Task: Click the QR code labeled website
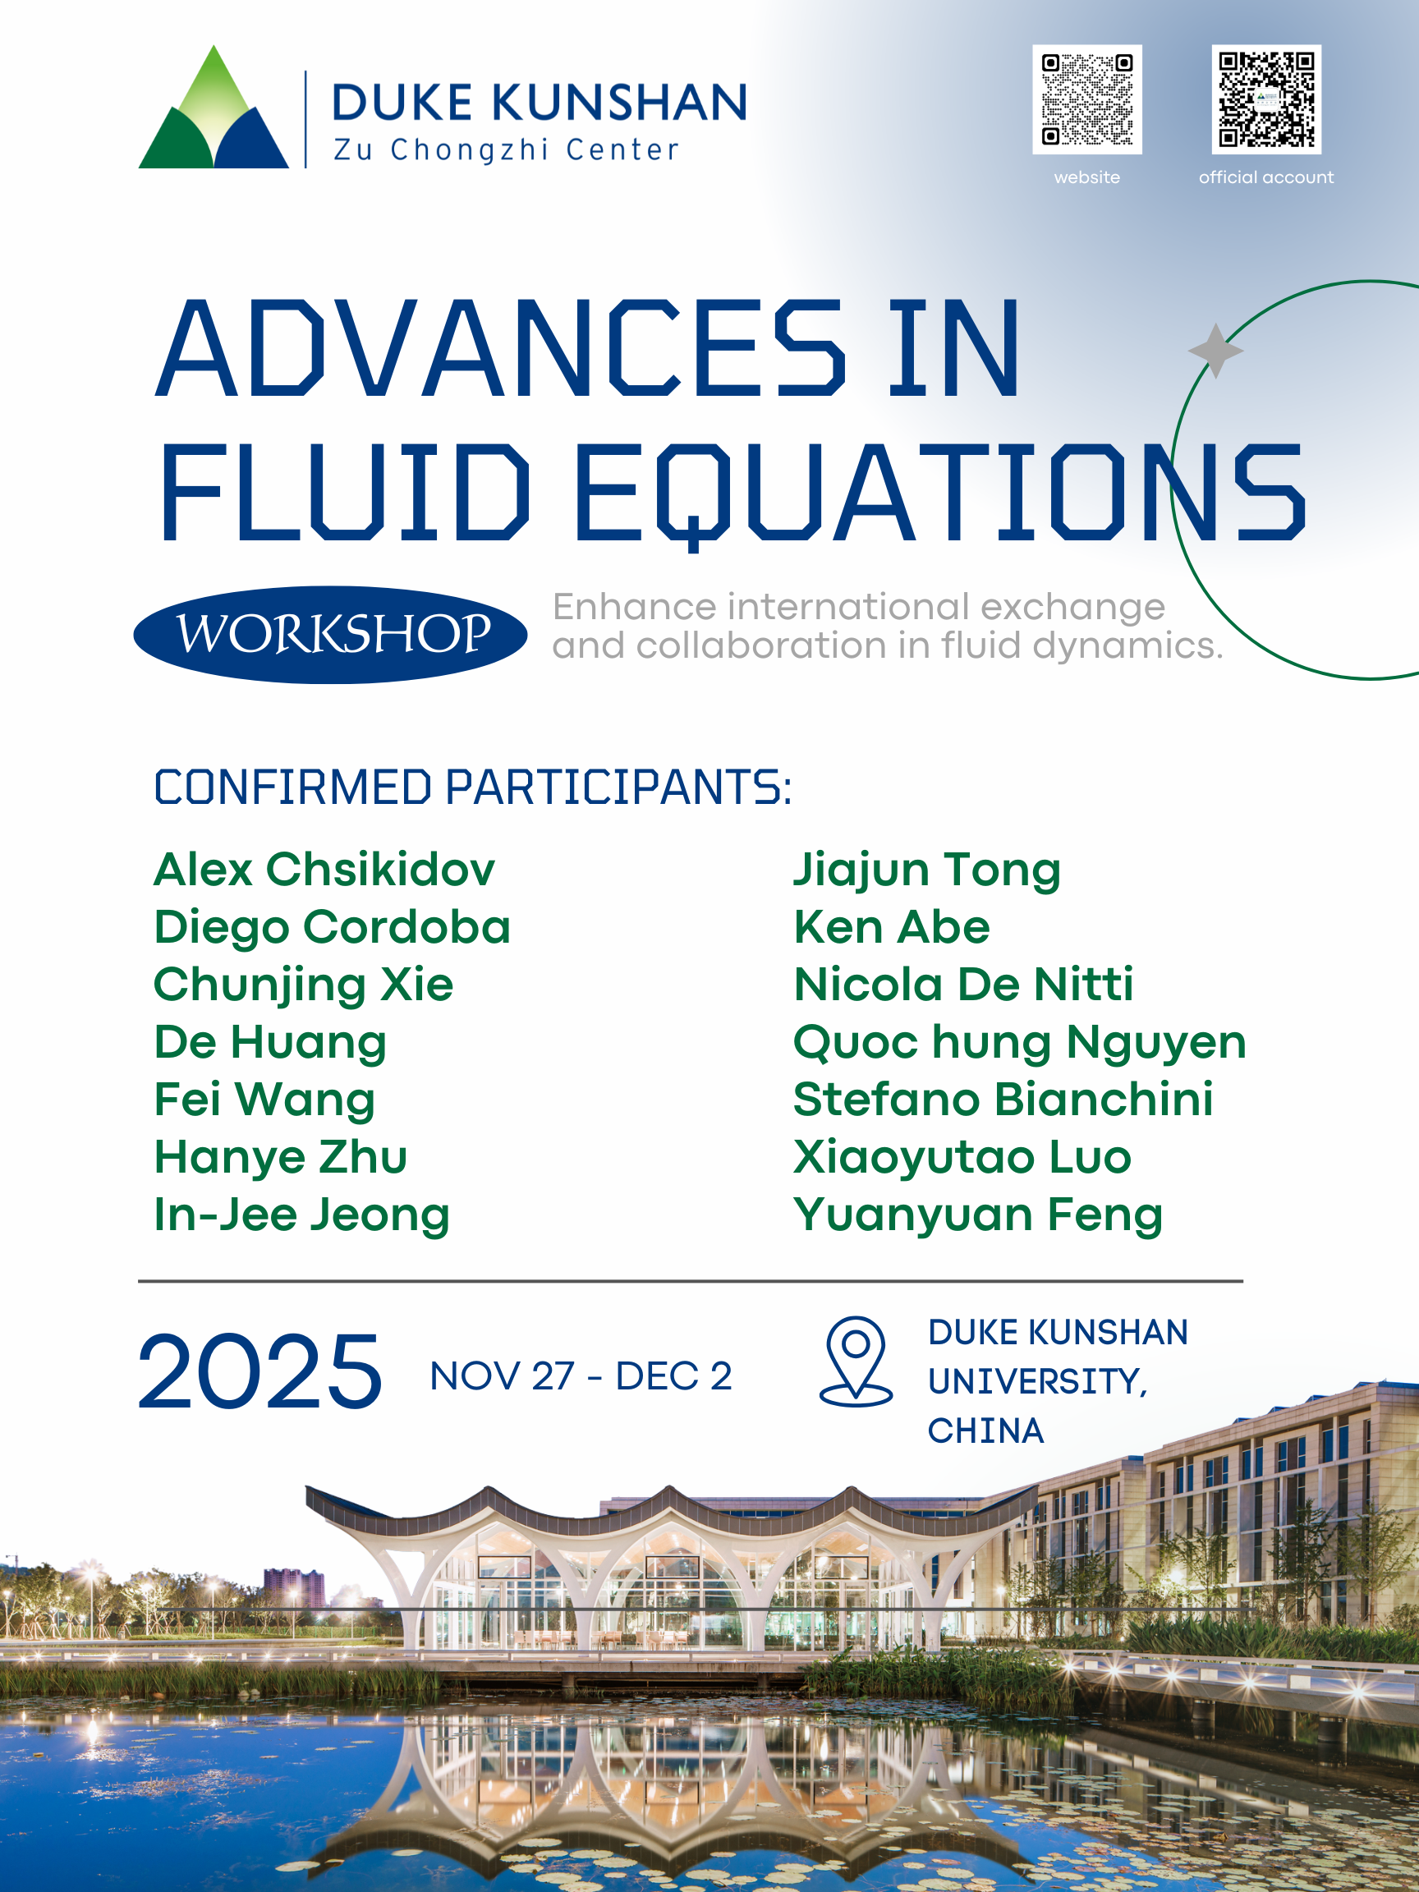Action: tap(1086, 99)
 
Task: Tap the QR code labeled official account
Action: tap(1266, 99)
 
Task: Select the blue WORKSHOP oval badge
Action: tap(330, 635)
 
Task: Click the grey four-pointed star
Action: tap(1215, 351)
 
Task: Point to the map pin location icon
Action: tap(856, 1361)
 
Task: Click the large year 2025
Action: tap(259, 1371)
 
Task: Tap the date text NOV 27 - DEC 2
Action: tap(581, 1376)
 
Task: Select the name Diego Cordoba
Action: tap(332, 928)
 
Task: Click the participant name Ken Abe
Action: tap(891, 927)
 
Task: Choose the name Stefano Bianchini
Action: tap(1003, 1099)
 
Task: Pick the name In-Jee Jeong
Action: tap(302, 1215)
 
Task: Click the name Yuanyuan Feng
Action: tap(979, 1215)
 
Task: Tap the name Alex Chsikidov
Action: tap(324, 870)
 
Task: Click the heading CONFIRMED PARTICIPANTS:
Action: tap(473, 787)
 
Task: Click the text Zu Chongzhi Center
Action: tap(507, 149)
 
